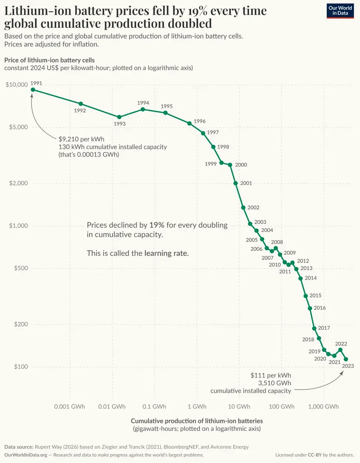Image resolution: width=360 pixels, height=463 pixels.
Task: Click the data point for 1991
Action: click(33, 89)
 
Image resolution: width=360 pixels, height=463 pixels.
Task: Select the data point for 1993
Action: click(119, 117)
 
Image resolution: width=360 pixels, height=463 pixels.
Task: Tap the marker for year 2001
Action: click(236, 183)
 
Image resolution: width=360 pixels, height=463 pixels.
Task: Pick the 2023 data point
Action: click(346, 359)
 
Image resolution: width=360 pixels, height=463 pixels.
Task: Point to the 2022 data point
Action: click(340, 350)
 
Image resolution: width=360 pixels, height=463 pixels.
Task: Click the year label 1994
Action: click(143, 103)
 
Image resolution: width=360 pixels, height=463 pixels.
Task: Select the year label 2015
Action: click(315, 295)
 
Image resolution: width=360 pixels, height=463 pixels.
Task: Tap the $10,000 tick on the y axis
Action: click(16, 85)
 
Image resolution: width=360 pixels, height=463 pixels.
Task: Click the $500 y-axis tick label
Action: click(21, 268)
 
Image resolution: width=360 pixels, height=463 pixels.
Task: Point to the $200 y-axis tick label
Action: click(21, 324)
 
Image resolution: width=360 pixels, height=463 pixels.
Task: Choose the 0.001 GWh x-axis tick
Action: click(70, 407)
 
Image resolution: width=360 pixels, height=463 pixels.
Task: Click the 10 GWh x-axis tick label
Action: click(239, 407)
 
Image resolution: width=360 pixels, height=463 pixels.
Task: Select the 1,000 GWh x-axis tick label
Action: click(323, 407)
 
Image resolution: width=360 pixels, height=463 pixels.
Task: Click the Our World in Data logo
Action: click(340, 11)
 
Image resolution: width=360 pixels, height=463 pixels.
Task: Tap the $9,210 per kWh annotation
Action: click(82, 139)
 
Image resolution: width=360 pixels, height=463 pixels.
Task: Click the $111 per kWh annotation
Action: click(271, 375)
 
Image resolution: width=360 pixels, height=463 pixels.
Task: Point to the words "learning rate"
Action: click(166, 253)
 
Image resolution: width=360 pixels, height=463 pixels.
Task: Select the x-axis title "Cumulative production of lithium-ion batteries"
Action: click(197, 421)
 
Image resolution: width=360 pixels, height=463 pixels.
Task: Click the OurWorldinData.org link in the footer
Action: click(26, 455)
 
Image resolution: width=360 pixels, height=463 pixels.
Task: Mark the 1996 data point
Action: click(189, 123)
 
